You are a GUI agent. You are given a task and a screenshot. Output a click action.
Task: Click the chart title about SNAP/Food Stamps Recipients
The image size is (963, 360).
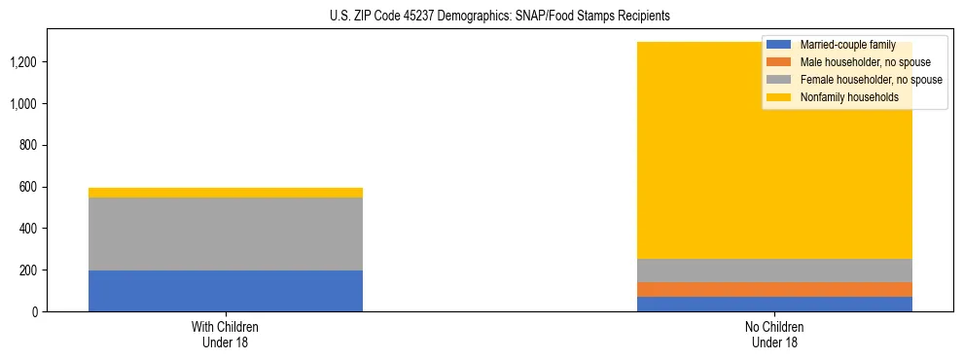pyautogui.click(x=481, y=17)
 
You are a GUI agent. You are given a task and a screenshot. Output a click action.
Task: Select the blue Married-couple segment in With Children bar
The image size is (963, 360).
pyautogui.click(x=225, y=291)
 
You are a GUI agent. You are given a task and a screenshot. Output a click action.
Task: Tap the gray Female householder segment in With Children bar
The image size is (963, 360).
pyautogui.click(x=225, y=234)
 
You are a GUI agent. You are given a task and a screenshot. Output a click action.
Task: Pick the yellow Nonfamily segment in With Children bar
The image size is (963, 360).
pyautogui.click(x=225, y=193)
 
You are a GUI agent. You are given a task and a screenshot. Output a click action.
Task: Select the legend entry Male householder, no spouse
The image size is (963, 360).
pyautogui.click(x=851, y=62)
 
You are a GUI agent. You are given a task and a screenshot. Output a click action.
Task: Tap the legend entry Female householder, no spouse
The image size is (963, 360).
pyautogui.click(x=856, y=80)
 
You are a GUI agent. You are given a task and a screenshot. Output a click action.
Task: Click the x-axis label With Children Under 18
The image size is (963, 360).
pyautogui.click(x=225, y=334)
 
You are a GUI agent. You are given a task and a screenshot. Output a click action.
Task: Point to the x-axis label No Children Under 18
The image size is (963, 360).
pyautogui.click(x=774, y=334)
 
